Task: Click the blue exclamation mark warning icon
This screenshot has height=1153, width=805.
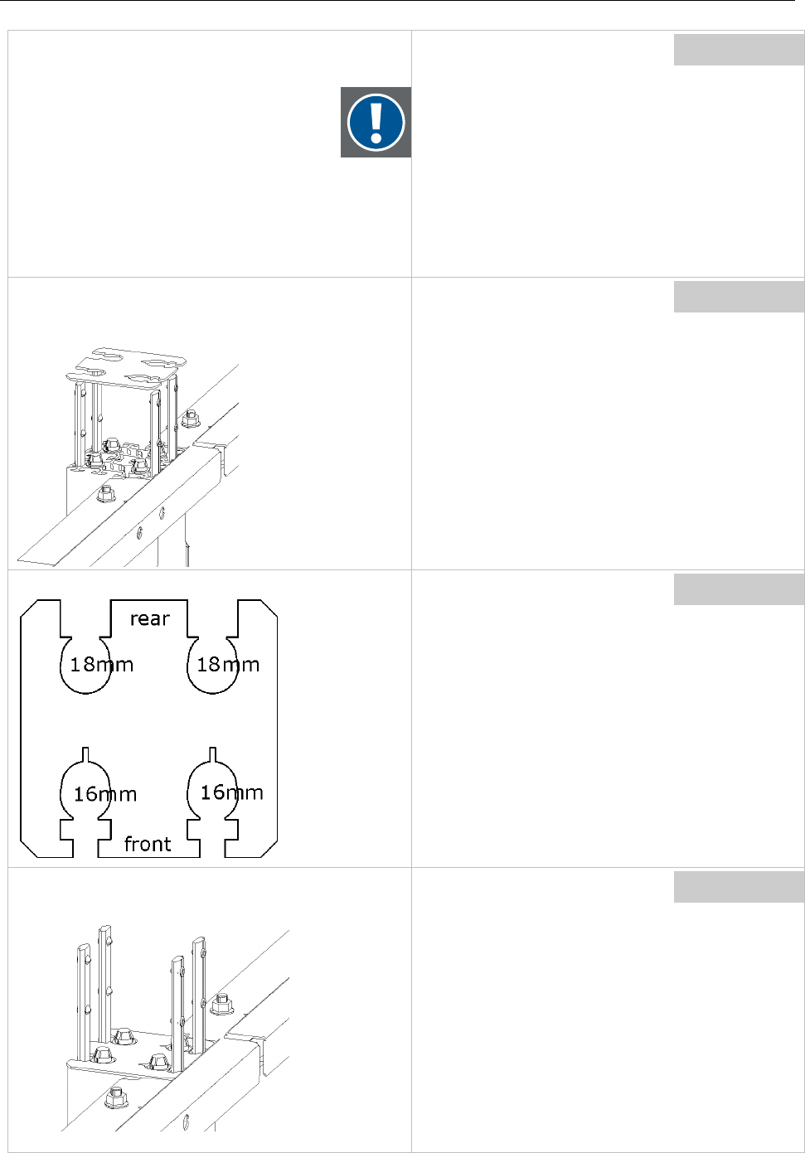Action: [x=376, y=122]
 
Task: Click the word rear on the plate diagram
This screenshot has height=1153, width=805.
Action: [x=149, y=618]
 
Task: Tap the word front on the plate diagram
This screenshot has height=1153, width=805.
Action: [x=148, y=844]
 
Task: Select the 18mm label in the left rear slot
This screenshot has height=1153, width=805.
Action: [x=101, y=664]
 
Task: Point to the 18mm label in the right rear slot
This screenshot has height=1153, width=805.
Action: [x=228, y=664]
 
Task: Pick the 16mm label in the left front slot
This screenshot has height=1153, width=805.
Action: [x=105, y=794]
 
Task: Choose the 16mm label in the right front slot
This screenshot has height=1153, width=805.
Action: [x=232, y=792]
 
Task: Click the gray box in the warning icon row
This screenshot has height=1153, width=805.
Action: [x=738, y=50]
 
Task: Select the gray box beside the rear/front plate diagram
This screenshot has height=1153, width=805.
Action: [x=738, y=589]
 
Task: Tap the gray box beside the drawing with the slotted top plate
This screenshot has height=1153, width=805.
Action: [x=738, y=297]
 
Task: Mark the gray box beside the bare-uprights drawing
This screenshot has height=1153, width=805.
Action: [x=738, y=886]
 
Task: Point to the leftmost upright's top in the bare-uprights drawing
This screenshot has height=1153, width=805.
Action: [x=83, y=947]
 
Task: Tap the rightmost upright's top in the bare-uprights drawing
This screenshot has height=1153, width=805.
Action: [x=199, y=942]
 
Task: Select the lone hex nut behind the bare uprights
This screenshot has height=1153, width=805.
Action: [x=221, y=1005]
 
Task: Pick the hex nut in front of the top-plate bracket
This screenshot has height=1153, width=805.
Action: [x=105, y=495]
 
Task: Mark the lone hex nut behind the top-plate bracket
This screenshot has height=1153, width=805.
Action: [x=189, y=418]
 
